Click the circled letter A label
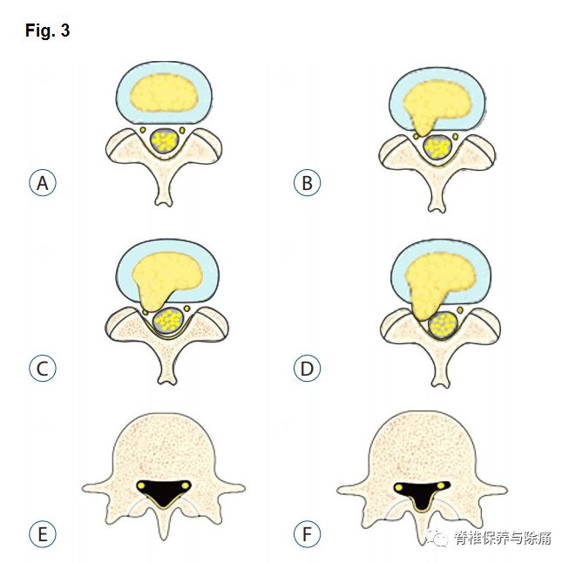point(42,184)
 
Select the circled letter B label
point(307,184)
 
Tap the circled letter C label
point(42,369)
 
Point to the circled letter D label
point(307,369)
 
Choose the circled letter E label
point(42,534)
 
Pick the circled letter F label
point(307,534)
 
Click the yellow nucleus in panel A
point(163,91)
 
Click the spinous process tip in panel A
point(163,202)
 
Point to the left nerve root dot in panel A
point(143,131)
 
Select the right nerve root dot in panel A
point(183,131)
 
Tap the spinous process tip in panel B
point(437,207)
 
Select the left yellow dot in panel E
point(140,485)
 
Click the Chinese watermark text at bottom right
point(502,538)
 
